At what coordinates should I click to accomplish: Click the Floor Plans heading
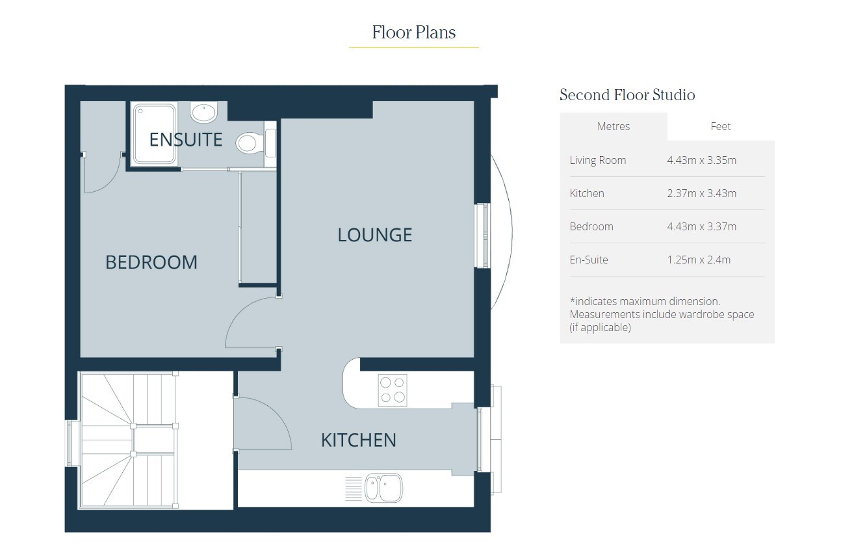pos(414,32)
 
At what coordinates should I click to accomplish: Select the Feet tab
pos(721,126)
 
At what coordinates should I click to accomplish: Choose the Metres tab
pos(614,126)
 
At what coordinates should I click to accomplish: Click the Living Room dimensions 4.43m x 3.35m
pos(702,160)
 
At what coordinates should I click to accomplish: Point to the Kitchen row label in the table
pos(587,193)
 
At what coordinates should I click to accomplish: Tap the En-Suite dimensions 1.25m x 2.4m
pos(699,260)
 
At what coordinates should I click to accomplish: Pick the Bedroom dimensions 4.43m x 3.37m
pos(702,226)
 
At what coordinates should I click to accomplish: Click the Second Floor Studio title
pos(627,95)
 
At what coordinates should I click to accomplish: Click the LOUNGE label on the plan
pos(374,235)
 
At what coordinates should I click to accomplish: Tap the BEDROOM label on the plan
pos(151,262)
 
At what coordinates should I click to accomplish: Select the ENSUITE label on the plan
pos(186,139)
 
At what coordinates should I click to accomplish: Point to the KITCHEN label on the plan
pos(358,440)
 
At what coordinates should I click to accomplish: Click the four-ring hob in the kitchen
pos(393,390)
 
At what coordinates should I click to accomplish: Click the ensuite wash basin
pos(203,112)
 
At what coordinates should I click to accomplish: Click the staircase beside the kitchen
pos(129,440)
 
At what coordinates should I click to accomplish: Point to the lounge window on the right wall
pos(482,235)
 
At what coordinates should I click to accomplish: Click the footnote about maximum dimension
pos(662,314)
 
